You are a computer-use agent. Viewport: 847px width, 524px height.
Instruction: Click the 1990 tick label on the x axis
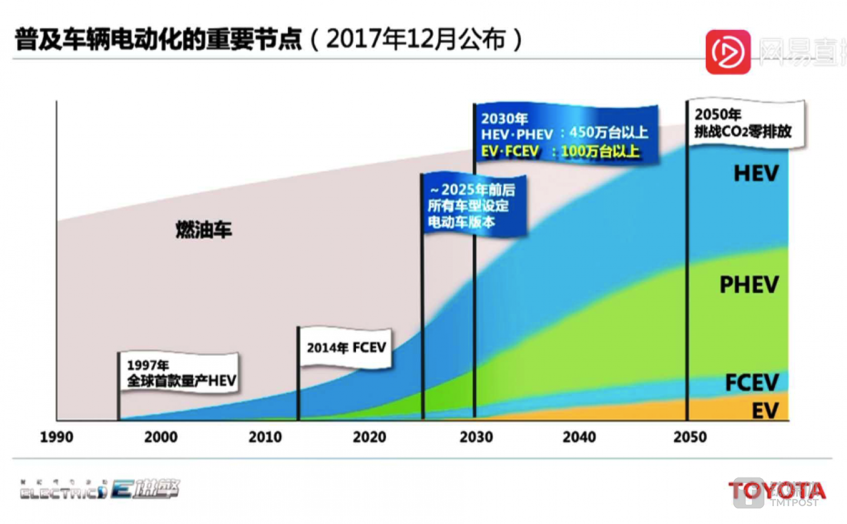[x=57, y=437]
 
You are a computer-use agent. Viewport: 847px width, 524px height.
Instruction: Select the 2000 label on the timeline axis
[x=161, y=437]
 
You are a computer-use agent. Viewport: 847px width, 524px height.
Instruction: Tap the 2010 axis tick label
[x=265, y=437]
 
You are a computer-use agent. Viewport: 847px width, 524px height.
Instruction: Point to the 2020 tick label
[x=370, y=437]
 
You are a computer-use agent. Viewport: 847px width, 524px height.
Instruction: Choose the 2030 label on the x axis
[x=476, y=437]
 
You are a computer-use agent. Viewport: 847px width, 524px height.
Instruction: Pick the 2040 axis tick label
[x=579, y=437]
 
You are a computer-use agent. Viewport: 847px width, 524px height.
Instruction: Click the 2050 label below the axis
[x=690, y=437]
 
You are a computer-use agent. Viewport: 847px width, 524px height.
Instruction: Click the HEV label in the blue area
[x=756, y=173]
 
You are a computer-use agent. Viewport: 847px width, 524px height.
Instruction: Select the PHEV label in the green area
[x=749, y=285]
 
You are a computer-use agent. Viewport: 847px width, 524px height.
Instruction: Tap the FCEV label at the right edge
[x=752, y=383]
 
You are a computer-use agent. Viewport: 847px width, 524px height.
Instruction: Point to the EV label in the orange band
[x=765, y=410]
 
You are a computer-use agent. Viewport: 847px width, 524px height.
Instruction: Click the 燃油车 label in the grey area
[x=204, y=229]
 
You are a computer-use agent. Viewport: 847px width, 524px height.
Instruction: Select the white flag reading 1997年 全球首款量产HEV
[x=180, y=373]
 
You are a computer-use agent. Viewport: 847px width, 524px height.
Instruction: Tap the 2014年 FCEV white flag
[x=346, y=348]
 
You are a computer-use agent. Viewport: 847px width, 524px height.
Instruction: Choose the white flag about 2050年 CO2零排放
[x=745, y=124]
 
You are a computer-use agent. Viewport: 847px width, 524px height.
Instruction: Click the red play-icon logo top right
[x=728, y=52]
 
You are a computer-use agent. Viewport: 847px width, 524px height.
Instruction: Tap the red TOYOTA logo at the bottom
[x=776, y=490]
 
